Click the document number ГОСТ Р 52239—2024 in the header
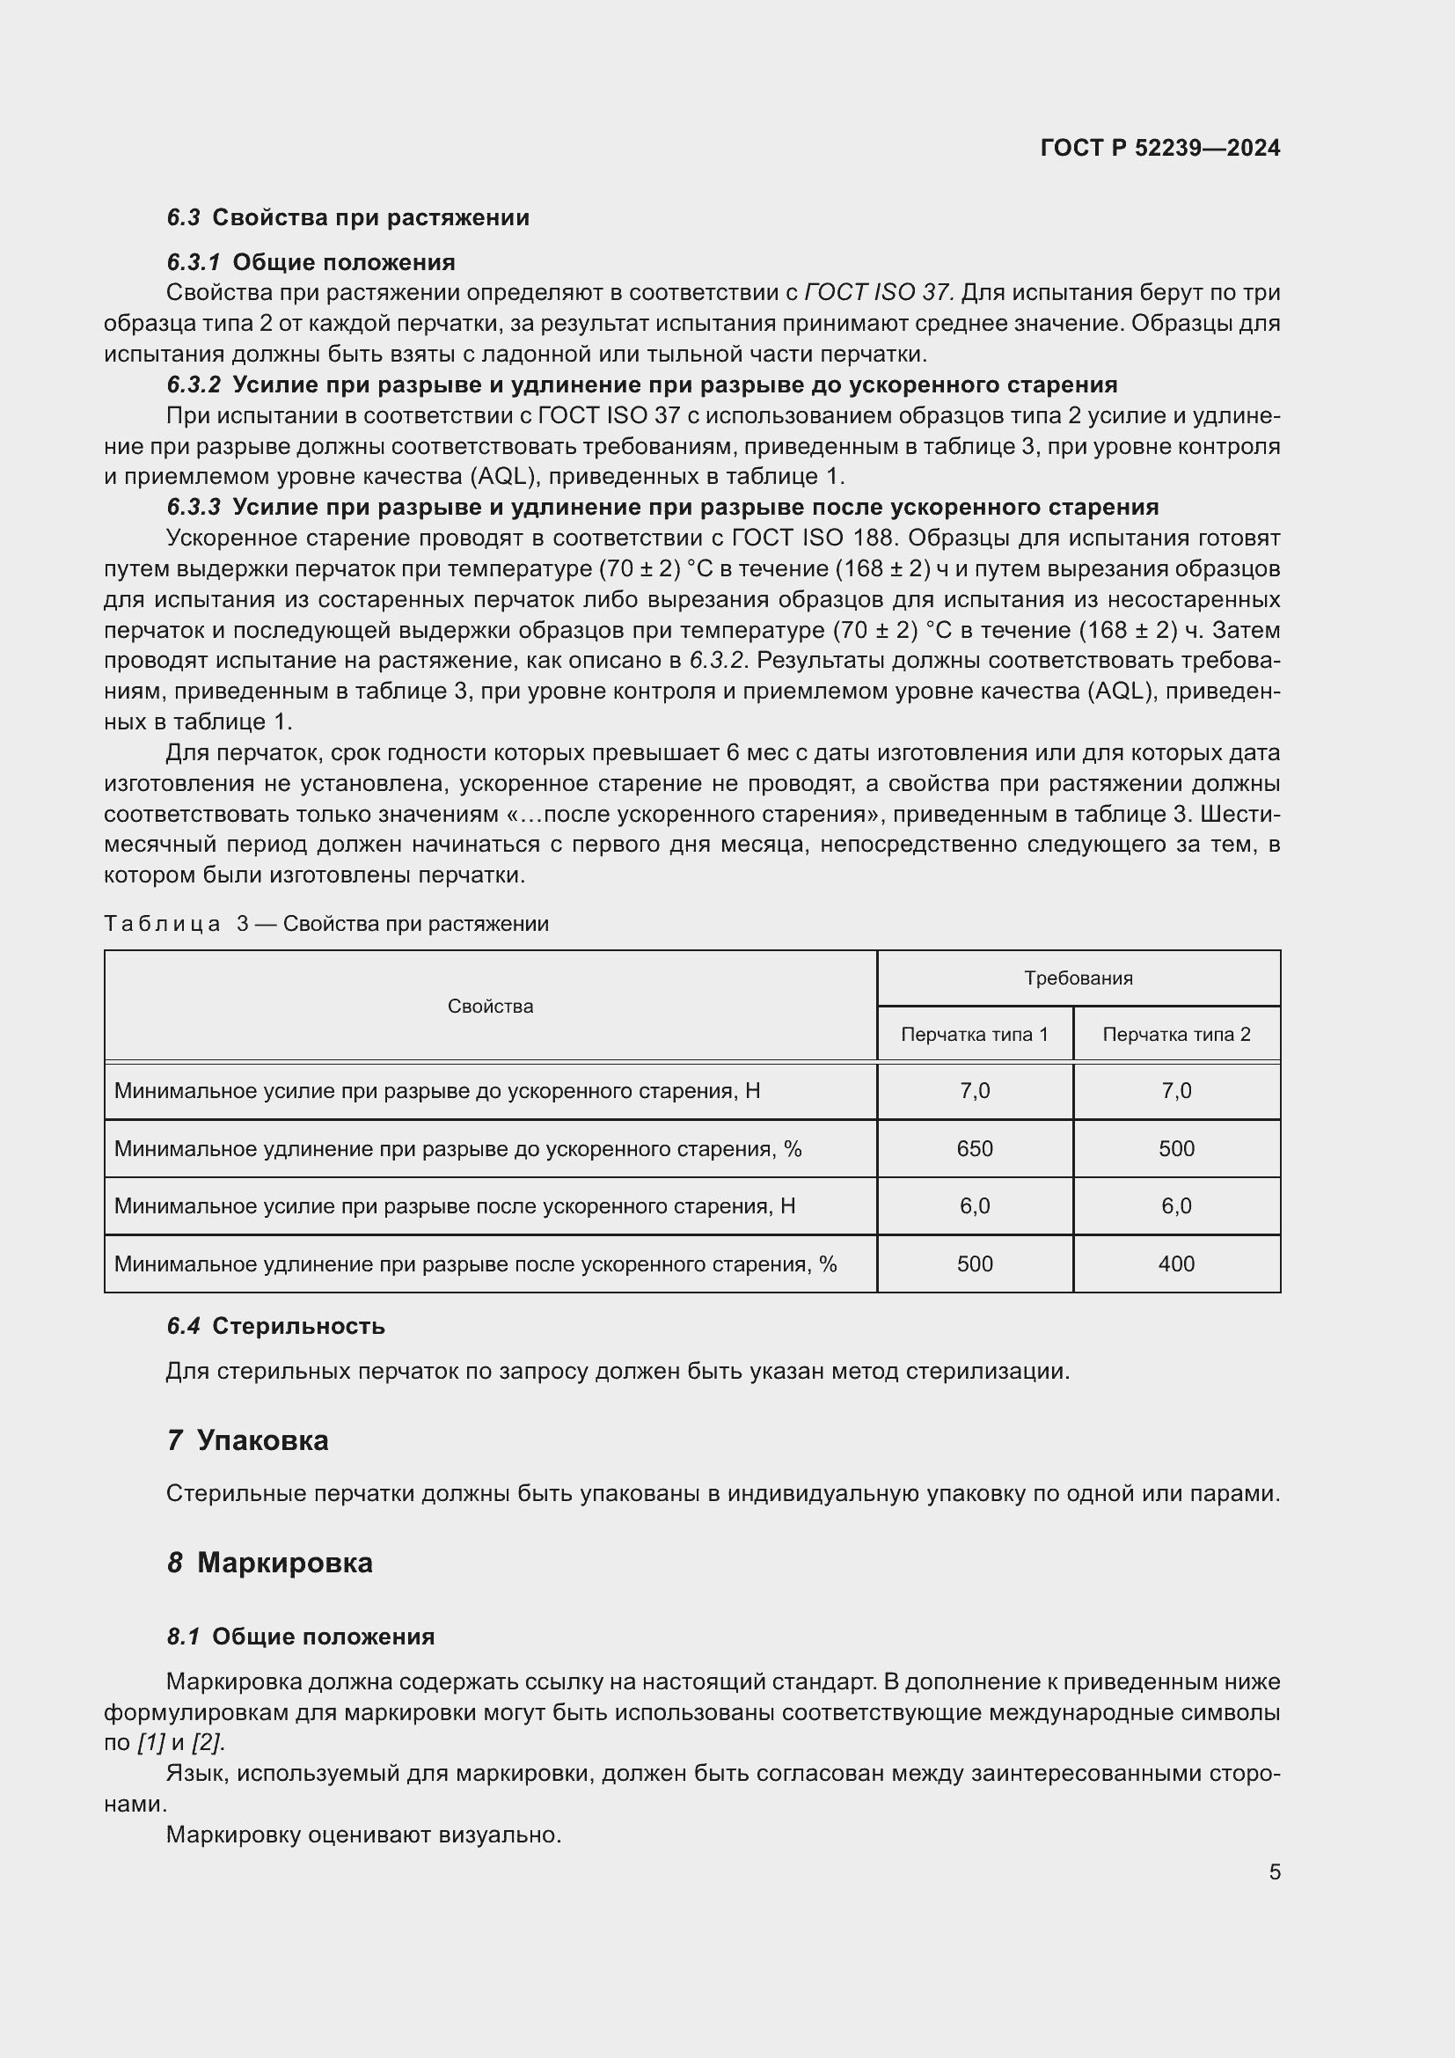click(1159, 148)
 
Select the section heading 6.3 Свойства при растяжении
click(347, 218)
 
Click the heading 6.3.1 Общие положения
click(311, 262)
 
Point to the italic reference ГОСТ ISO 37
click(879, 293)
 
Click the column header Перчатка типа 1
click(974, 1035)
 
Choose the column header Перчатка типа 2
click(1175, 1035)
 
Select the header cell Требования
click(1078, 978)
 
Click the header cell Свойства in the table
click(490, 1006)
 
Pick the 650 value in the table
click(974, 1148)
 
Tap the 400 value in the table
click(1175, 1263)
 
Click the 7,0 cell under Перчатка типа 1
click(974, 1091)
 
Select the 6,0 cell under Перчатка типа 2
click(1175, 1205)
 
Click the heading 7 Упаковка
click(248, 1440)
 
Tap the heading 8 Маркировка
click(270, 1563)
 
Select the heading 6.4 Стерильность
click(276, 1327)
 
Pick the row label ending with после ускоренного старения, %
click(475, 1263)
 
